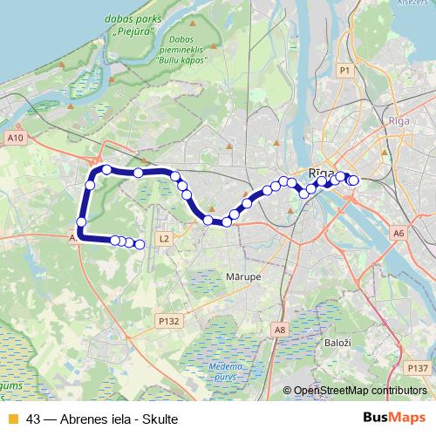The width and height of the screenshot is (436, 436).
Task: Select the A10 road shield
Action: coord(15,138)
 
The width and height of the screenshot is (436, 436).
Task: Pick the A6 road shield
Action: coord(399,233)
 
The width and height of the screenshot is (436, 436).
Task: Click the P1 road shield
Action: coord(345,70)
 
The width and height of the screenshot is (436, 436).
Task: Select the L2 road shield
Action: coord(163,237)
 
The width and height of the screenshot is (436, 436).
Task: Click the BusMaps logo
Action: coord(393,419)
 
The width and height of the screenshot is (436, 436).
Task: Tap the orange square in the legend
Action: coord(12,419)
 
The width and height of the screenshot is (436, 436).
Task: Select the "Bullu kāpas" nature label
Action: coord(181,61)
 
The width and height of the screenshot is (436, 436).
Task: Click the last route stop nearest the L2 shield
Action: coord(140,244)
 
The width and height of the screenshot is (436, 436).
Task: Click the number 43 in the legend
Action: coord(33,419)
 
